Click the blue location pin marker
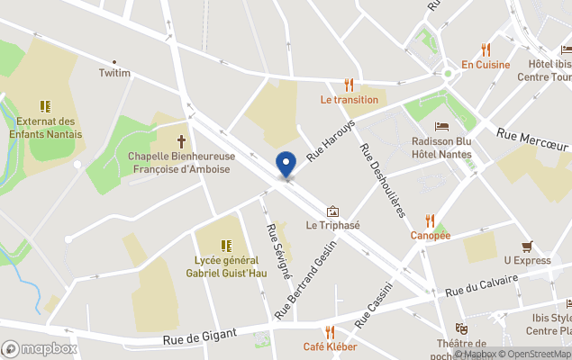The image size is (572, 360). (286, 164)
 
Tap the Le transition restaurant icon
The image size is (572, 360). (349, 85)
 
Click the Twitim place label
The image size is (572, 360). (114, 73)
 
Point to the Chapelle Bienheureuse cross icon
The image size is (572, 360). (181, 141)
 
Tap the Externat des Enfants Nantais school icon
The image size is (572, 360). (46, 106)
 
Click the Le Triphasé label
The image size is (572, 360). (332, 225)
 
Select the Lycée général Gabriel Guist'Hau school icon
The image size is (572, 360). (226, 245)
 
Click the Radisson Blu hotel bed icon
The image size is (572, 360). (441, 126)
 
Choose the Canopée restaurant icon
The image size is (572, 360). (430, 220)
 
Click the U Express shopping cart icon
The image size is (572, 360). (527, 246)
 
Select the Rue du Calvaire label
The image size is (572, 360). (481, 286)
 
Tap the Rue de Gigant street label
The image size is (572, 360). (200, 337)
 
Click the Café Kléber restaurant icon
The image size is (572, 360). (330, 332)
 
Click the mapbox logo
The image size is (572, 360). (40, 348)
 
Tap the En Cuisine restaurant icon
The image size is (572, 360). (486, 49)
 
